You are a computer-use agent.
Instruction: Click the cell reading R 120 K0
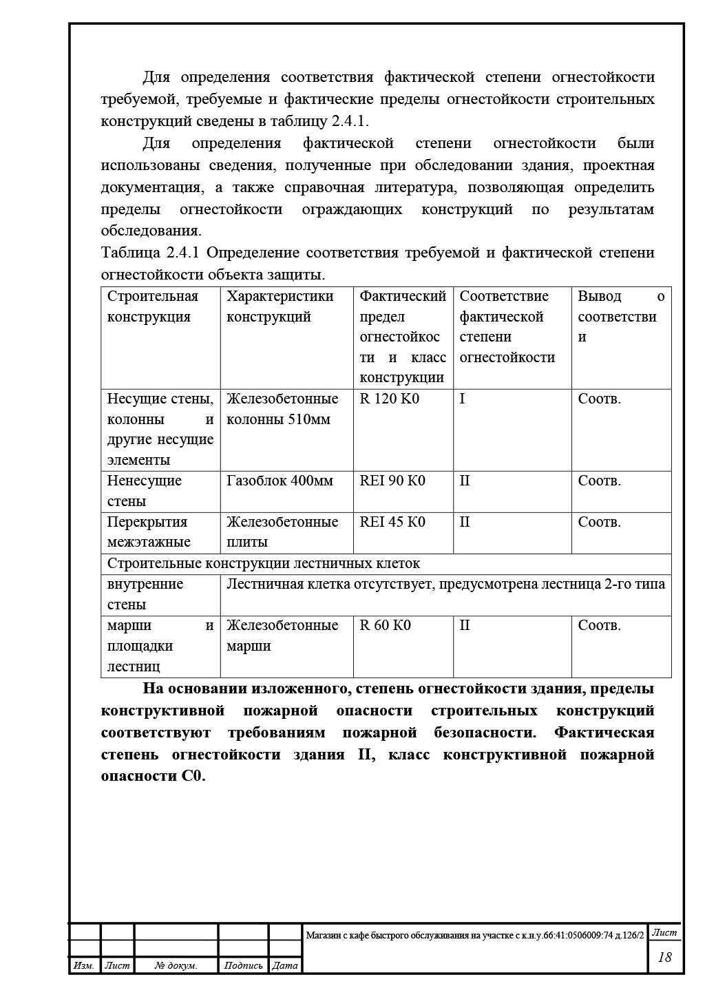390,399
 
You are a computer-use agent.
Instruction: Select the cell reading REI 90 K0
392,481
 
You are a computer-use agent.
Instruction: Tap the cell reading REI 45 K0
392,522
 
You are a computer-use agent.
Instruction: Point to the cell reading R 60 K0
386,625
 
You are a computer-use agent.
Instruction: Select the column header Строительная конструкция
153,306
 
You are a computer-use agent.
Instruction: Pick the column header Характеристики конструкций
280,306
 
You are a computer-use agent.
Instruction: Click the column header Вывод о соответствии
621,316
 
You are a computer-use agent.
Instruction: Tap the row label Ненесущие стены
145,491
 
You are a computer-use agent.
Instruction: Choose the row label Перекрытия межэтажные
148,532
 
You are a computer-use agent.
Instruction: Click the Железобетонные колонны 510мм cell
282,409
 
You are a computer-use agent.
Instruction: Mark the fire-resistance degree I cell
462,399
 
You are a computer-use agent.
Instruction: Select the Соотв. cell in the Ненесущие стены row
600,481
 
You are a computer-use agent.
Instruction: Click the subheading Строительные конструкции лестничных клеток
264,563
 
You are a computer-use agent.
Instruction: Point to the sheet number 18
665,957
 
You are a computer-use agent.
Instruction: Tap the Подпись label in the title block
244,966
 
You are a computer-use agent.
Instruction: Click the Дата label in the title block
285,966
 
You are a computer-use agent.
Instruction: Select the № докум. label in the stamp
176,966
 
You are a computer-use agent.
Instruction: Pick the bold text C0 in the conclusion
193,776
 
